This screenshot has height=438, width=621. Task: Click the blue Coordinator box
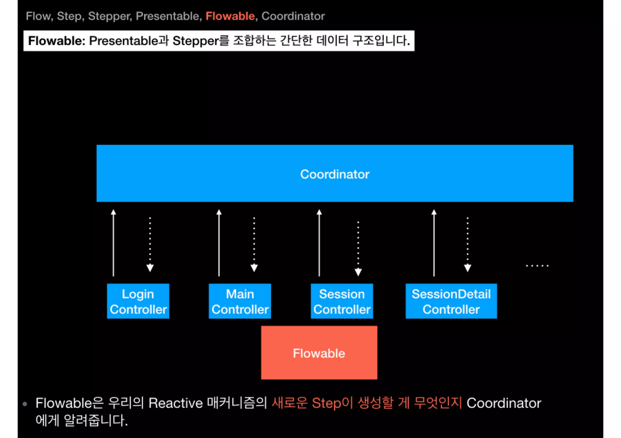coord(335,173)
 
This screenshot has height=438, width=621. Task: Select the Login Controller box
coord(138,301)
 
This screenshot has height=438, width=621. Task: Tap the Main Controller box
coord(240,301)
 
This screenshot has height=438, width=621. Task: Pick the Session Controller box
coord(342,301)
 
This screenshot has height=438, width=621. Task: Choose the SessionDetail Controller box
coord(451,301)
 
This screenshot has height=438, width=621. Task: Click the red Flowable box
coord(319,353)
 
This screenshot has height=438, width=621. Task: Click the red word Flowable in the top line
coord(230,16)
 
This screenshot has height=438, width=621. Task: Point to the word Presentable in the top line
coord(167,16)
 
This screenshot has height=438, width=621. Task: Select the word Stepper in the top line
coord(110,16)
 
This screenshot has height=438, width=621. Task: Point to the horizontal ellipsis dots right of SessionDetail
coord(537,266)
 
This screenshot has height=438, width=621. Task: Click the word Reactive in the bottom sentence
coord(176,403)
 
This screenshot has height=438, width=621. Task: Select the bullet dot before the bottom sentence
coord(25,404)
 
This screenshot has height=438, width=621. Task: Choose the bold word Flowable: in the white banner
coord(57,41)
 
